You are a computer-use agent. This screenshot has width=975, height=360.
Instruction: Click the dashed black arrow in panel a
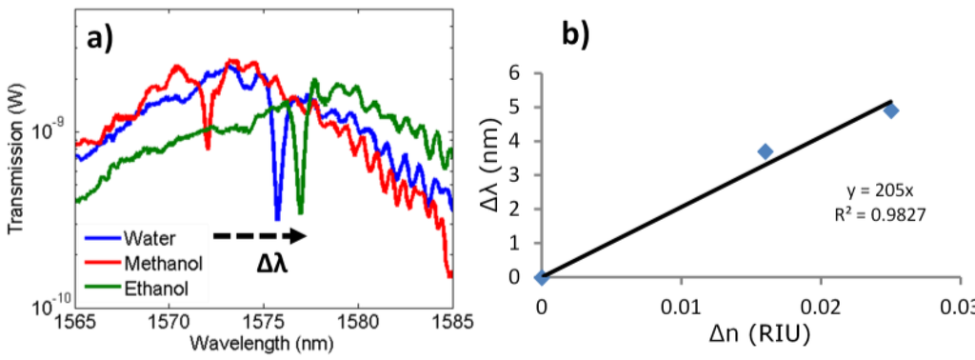coord(259,234)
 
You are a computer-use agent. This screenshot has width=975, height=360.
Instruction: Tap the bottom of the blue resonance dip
coord(277,218)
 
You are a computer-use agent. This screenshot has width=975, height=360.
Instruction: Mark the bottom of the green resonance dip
coord(300,210)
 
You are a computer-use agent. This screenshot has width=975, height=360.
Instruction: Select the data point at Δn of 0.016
coord(765,151)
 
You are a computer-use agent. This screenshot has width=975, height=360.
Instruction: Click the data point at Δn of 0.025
coord(891,110)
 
